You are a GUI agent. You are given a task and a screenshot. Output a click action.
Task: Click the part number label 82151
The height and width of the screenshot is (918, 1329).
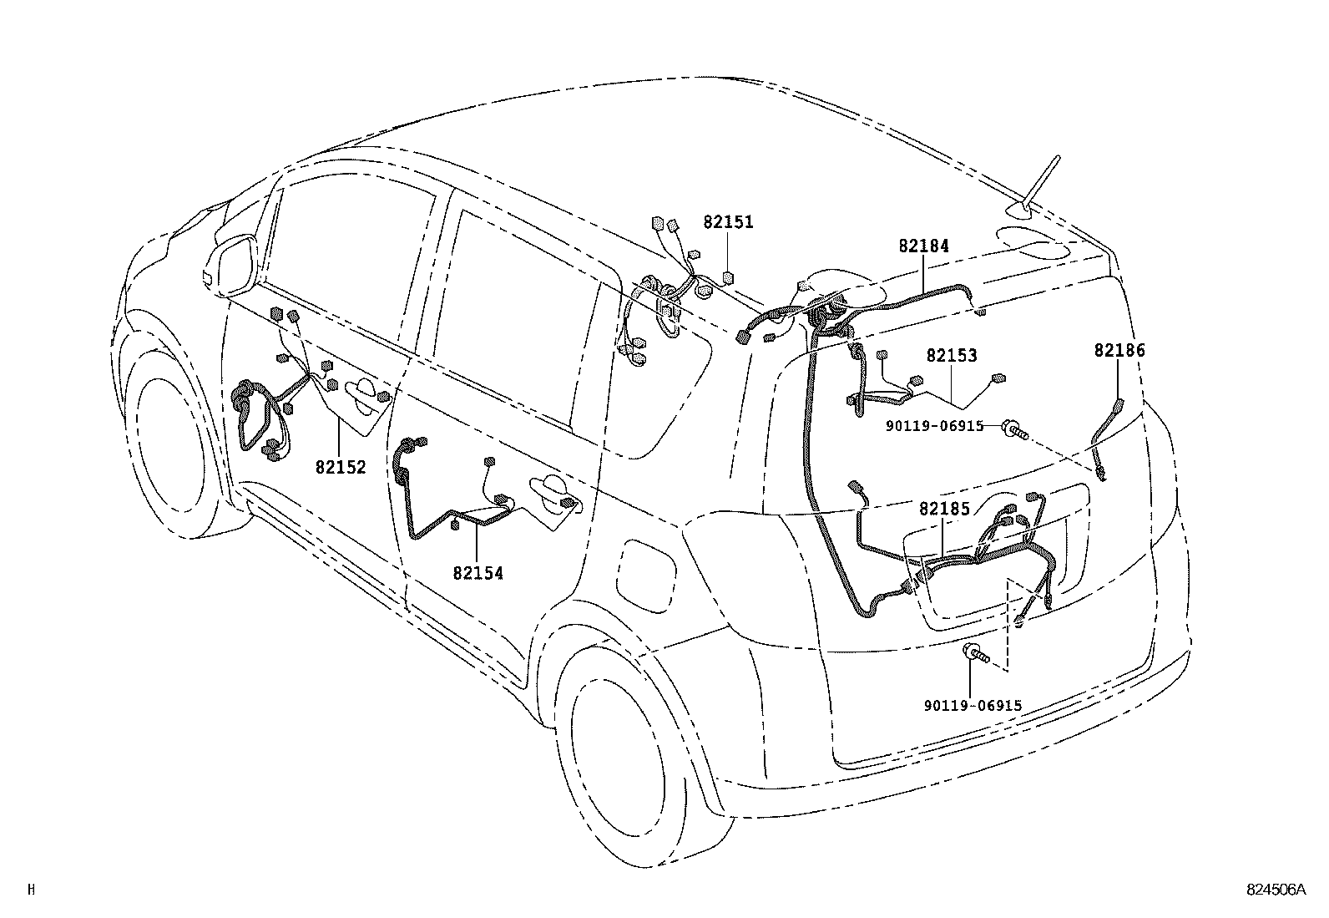click(x=728, y=222)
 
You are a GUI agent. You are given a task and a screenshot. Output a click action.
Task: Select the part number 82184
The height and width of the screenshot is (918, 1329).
click(x=924, y=246)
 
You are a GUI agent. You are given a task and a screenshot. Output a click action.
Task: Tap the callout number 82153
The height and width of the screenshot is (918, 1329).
click(x=952, y=355)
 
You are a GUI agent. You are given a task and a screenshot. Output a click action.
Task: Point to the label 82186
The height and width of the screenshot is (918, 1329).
click(x=1119, y=350)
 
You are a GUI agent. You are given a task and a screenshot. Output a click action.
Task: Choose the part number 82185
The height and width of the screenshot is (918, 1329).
click(x=944, y=509)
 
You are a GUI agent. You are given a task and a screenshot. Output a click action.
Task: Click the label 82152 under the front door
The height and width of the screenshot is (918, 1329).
click(x=341, y=467)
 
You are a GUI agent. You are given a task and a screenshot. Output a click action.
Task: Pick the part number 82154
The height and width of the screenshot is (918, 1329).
click(x=478, y=573)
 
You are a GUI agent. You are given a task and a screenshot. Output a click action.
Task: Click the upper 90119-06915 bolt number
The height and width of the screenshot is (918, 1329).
click(x=934, y=426)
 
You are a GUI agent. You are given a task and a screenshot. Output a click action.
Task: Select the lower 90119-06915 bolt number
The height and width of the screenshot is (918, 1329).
click(x=973, y=706)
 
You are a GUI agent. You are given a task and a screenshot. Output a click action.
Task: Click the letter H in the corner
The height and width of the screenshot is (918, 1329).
click(x=32, y=889)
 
